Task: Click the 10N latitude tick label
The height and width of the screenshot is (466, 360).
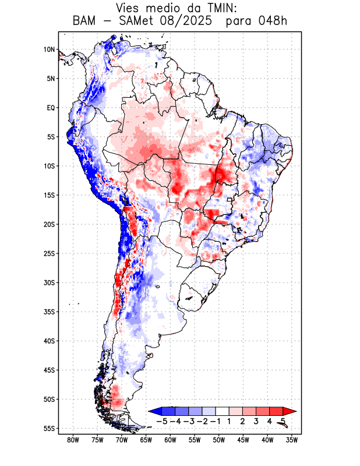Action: (x=49, y=50)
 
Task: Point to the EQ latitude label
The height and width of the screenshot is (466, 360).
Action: (x=51, y=108)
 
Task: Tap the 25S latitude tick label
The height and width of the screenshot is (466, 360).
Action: (x=49, y=253)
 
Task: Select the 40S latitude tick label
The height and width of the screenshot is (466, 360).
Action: (x=49, y=341)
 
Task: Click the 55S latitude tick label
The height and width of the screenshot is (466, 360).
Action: (x=49, y=428)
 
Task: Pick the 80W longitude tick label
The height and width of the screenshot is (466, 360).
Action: (x=73, y=440)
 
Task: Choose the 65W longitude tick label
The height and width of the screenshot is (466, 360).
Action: (x=146, y=440)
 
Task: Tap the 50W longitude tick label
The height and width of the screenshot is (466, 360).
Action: (x=219, y=440)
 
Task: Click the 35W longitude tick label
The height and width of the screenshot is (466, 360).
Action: (x=292, y=440)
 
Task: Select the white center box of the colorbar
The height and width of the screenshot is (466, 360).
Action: (x=222, y=411)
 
